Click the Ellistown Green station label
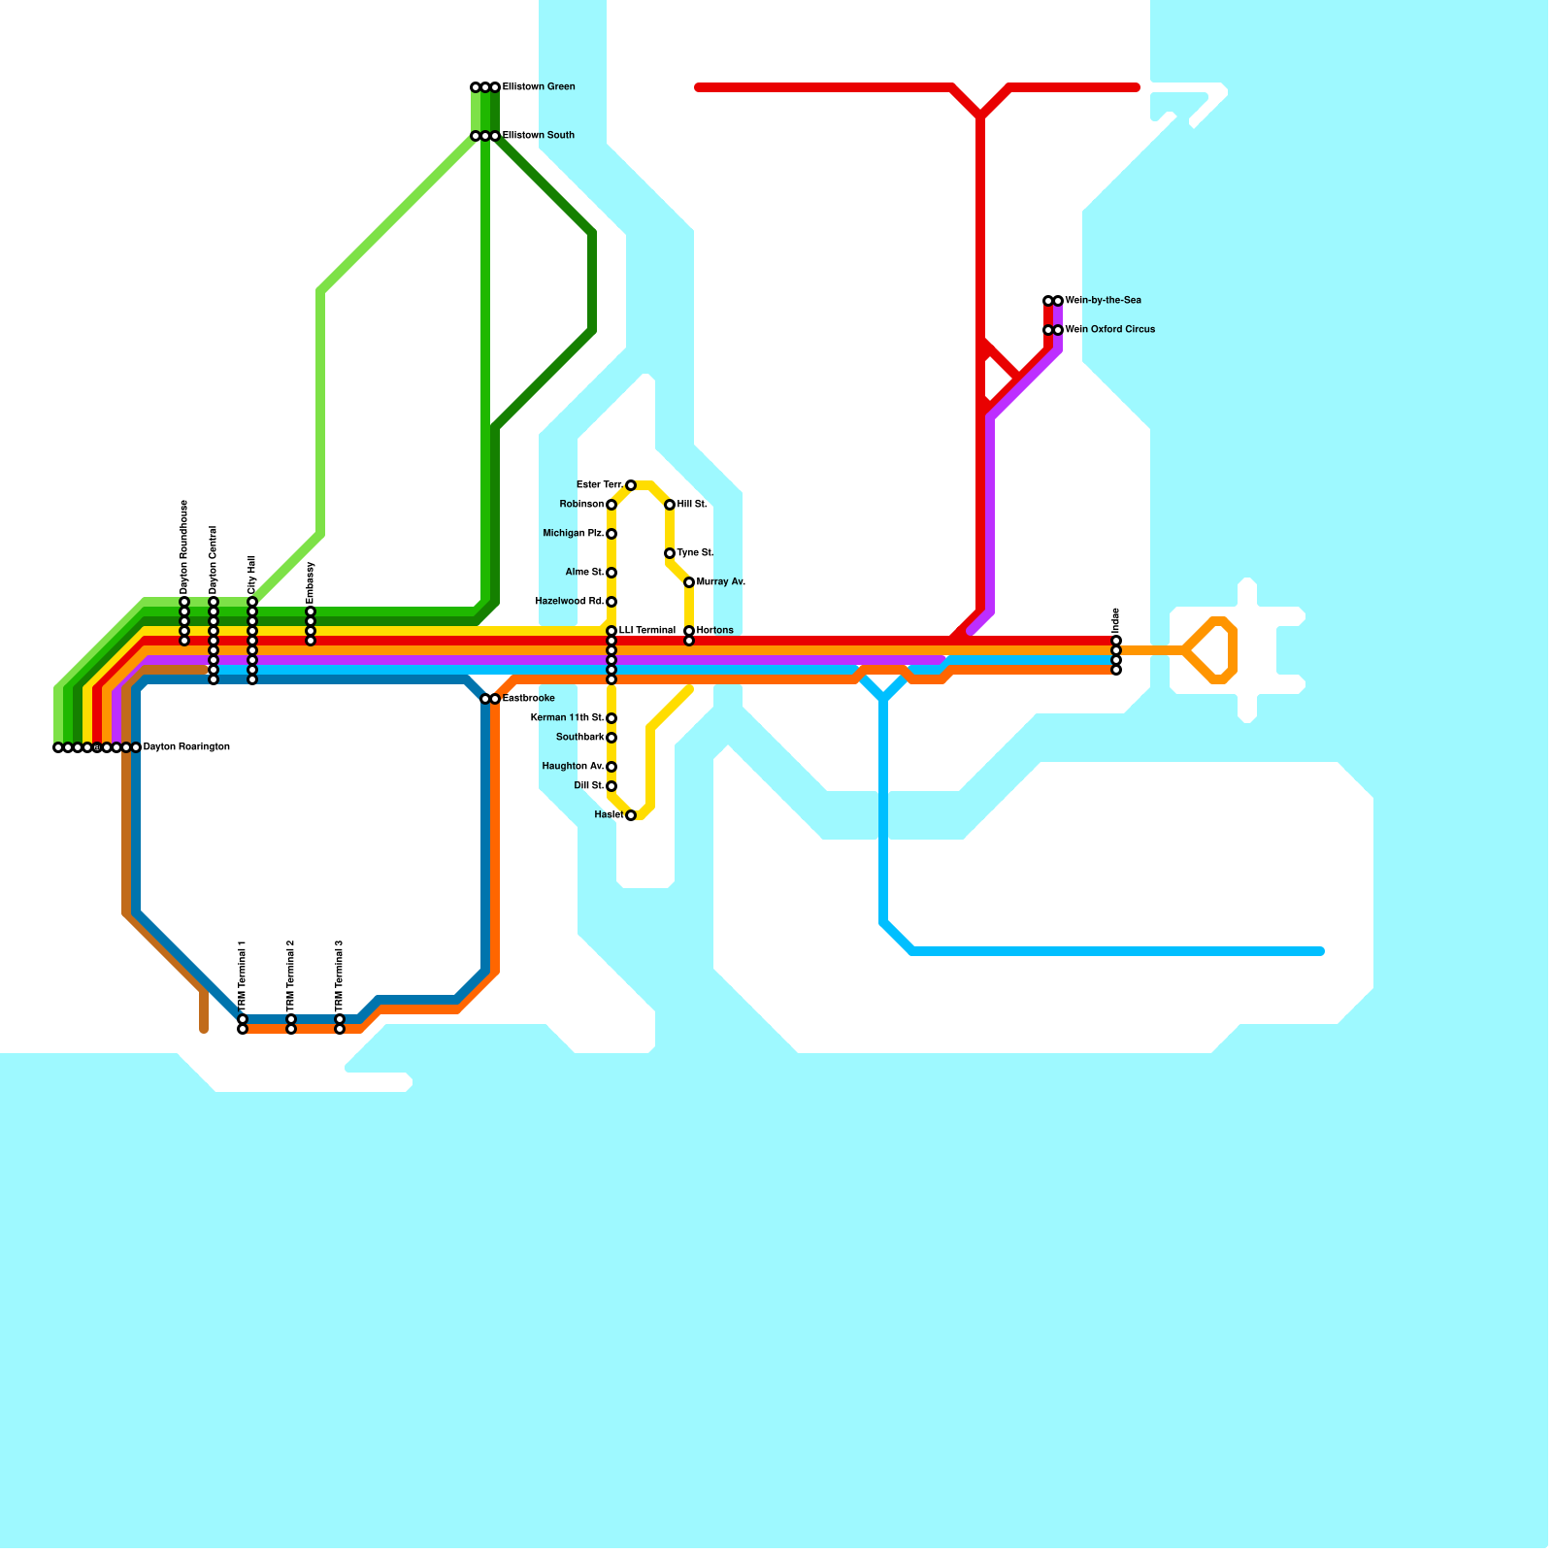(x=538, y=87)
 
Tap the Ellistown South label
(x=538, y=136)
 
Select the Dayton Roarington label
(x=185, y=747)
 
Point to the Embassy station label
(x=311, y=582)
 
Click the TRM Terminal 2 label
(x=291, y=975)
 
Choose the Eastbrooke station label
(x=528, y=699)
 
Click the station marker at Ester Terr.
(x=631, y=485)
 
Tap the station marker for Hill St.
(x=670, y=505)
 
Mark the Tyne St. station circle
(x=670, y=553)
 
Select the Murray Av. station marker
(x=689, y=582)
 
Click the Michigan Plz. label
(x=573, y=534)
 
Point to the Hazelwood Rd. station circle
(x=611, y=602)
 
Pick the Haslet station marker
(x=631, y=815)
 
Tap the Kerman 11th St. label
(x=567, y=718)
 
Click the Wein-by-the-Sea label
(x=1103, y=301)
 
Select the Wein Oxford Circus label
(x=1109, y=330)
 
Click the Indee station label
(x=1116, y=619)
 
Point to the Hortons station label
(x=714, y=631)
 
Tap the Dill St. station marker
(x=611, y=786)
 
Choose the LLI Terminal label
(x=646, y=631)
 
